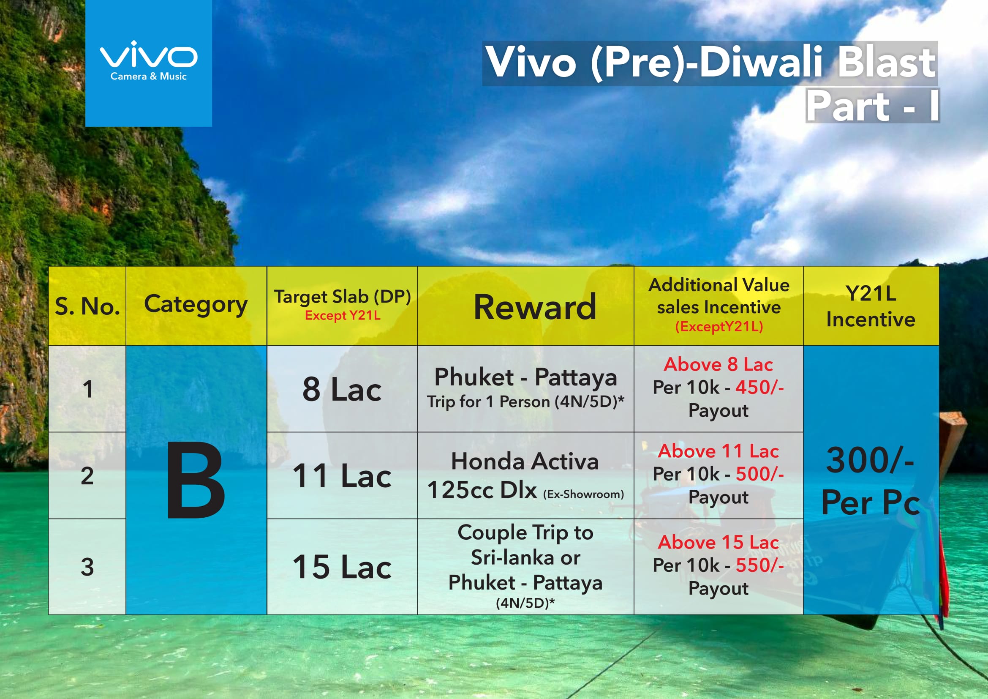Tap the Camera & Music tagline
coord(148,76)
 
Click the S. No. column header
coord(87,306)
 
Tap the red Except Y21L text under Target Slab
coord(343,316)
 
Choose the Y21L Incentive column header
coord(871,306)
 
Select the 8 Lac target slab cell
coord(342,389)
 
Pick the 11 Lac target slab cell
coord(342,476)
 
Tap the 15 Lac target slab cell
coord(342,567)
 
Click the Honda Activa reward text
coord(525,461)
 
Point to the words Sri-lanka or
coord(525,557)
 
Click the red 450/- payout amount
coord(759,388)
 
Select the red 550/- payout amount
coord(759,565)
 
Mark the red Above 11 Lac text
coord(718,451)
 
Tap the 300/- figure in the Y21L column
coord(870,460)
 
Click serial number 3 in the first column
coord(87,567)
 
